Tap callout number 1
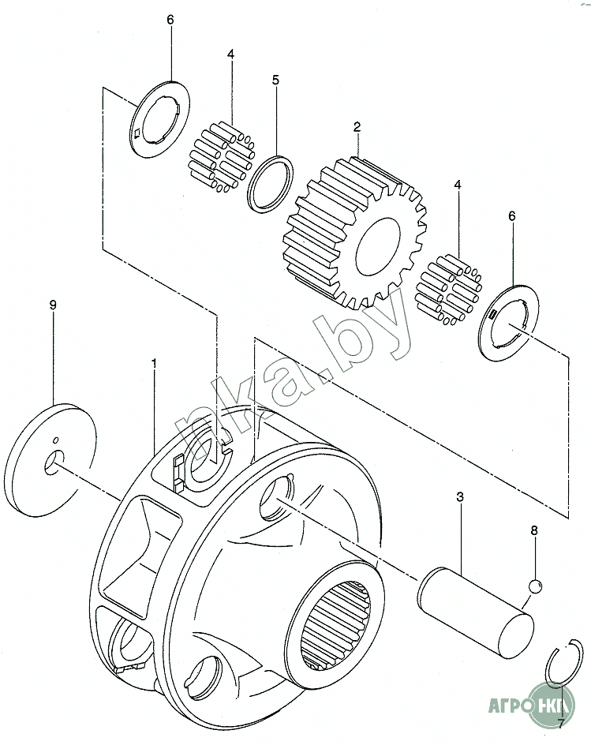click(x=155, y=363)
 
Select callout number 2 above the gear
click(x=357, y=126)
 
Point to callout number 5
click(x=275, y=80)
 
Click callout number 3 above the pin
click(x=460, y=497)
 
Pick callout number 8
click(x=533, y=532)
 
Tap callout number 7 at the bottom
click(x=561, y=722)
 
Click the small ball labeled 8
click(x=534, y=586)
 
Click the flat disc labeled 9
click(x=54, y=450)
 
